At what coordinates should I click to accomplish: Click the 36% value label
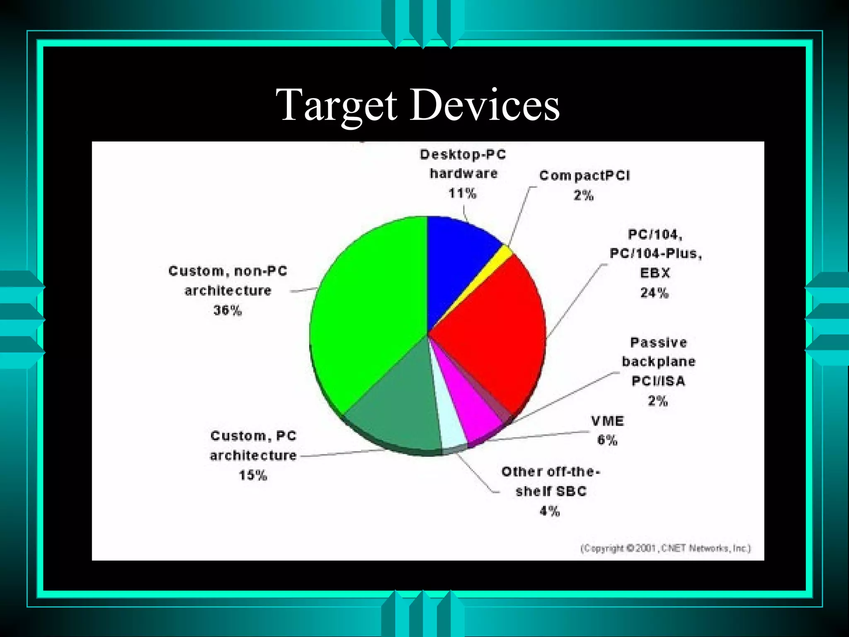point(228,310)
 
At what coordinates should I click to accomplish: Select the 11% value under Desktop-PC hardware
point(463,193)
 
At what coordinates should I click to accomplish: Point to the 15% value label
point(253,475)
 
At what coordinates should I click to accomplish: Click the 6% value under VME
point(607,440)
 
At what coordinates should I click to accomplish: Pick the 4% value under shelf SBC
point(550,511)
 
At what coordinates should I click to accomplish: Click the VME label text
point(607,421)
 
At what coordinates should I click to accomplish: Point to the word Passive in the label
point(658,343)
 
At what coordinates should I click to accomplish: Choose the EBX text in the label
point(655,273)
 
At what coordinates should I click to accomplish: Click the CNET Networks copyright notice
point(666,548)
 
